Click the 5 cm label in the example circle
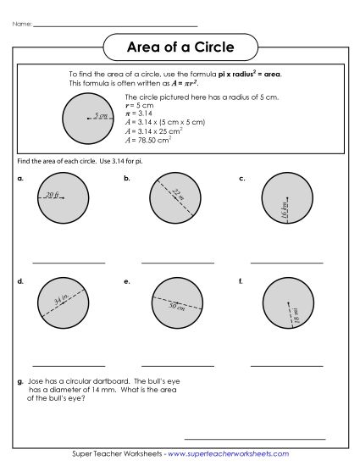(102, 115)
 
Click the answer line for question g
(254, 439)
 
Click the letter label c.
(242, 179)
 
